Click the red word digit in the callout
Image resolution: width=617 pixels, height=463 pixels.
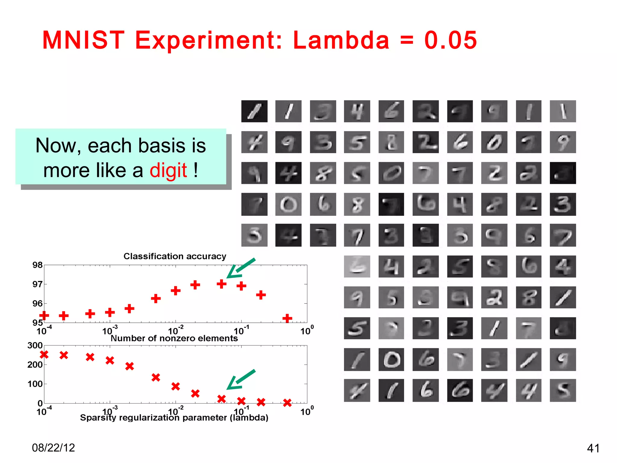pyautogui.click(x=168, y=170)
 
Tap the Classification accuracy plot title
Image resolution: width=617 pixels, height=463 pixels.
pyautogui.click(x=175, y=256)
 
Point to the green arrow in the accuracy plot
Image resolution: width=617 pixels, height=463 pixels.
pyautogui.click(x=241, y=268)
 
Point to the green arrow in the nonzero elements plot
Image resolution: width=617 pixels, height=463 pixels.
pyautogui.click(x=241, y=379)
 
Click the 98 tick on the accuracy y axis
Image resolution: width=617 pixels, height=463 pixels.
pyautogui.click(x=37, y=265)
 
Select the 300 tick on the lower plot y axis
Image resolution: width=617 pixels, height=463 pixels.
pyautogui.click(x=35, y=345)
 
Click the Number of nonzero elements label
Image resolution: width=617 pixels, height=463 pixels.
pyautogui.click(x=174, y=338)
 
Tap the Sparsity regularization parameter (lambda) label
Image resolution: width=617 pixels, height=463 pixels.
pyautogui.click(x=174, y=417)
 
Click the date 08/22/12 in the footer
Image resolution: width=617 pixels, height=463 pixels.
pyautogui.click(x=53, y=448)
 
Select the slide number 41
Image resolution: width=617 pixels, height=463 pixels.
pyautogui.click(x=593, y=448)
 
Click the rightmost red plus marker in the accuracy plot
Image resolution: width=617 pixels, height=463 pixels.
pyautogui.click(x=287, y=318)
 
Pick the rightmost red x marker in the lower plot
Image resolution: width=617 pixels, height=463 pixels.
pyautogui.click(x=287, y=402)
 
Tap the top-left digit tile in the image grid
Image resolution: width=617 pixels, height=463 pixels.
pyautogui.click(x=254, y=111)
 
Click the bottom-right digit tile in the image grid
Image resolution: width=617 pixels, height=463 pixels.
pyautogui.click(x=562, y=390)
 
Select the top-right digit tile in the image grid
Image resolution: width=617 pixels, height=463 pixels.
pyautogui.click(x=562, y=111)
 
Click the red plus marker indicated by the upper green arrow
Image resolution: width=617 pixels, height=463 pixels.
pyautogui.click(x=221, y=284)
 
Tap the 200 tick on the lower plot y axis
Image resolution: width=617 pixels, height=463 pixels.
pyautogui.click(x=35, y=365)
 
